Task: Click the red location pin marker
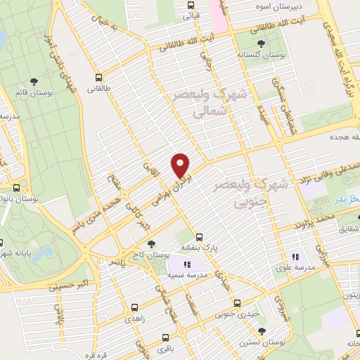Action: [x=181, y=165]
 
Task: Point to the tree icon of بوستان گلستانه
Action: [x=262, y=43]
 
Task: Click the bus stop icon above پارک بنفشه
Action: [x=200, y=236]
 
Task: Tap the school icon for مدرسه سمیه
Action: [x=187, y=265]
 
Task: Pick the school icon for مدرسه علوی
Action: [x=295, y=257]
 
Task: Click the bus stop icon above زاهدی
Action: [x=136, y=308]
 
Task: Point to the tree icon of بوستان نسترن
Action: [x=262, y=330]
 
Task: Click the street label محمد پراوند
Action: [x=333, y=221]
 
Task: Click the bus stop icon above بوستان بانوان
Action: [x=17, y=188]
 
